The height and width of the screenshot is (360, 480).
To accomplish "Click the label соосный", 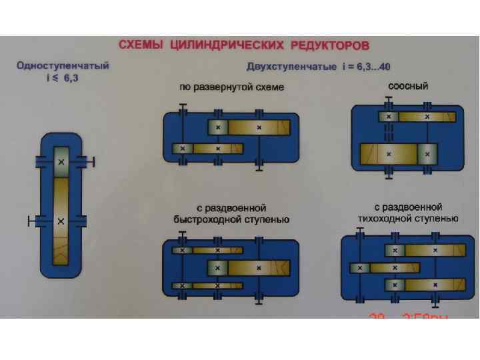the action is [x=408, y=86].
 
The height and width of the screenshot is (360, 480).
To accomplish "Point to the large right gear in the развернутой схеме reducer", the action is [x=259, y=127].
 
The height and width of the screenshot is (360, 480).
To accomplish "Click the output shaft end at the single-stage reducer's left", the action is [x=28, y=220].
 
